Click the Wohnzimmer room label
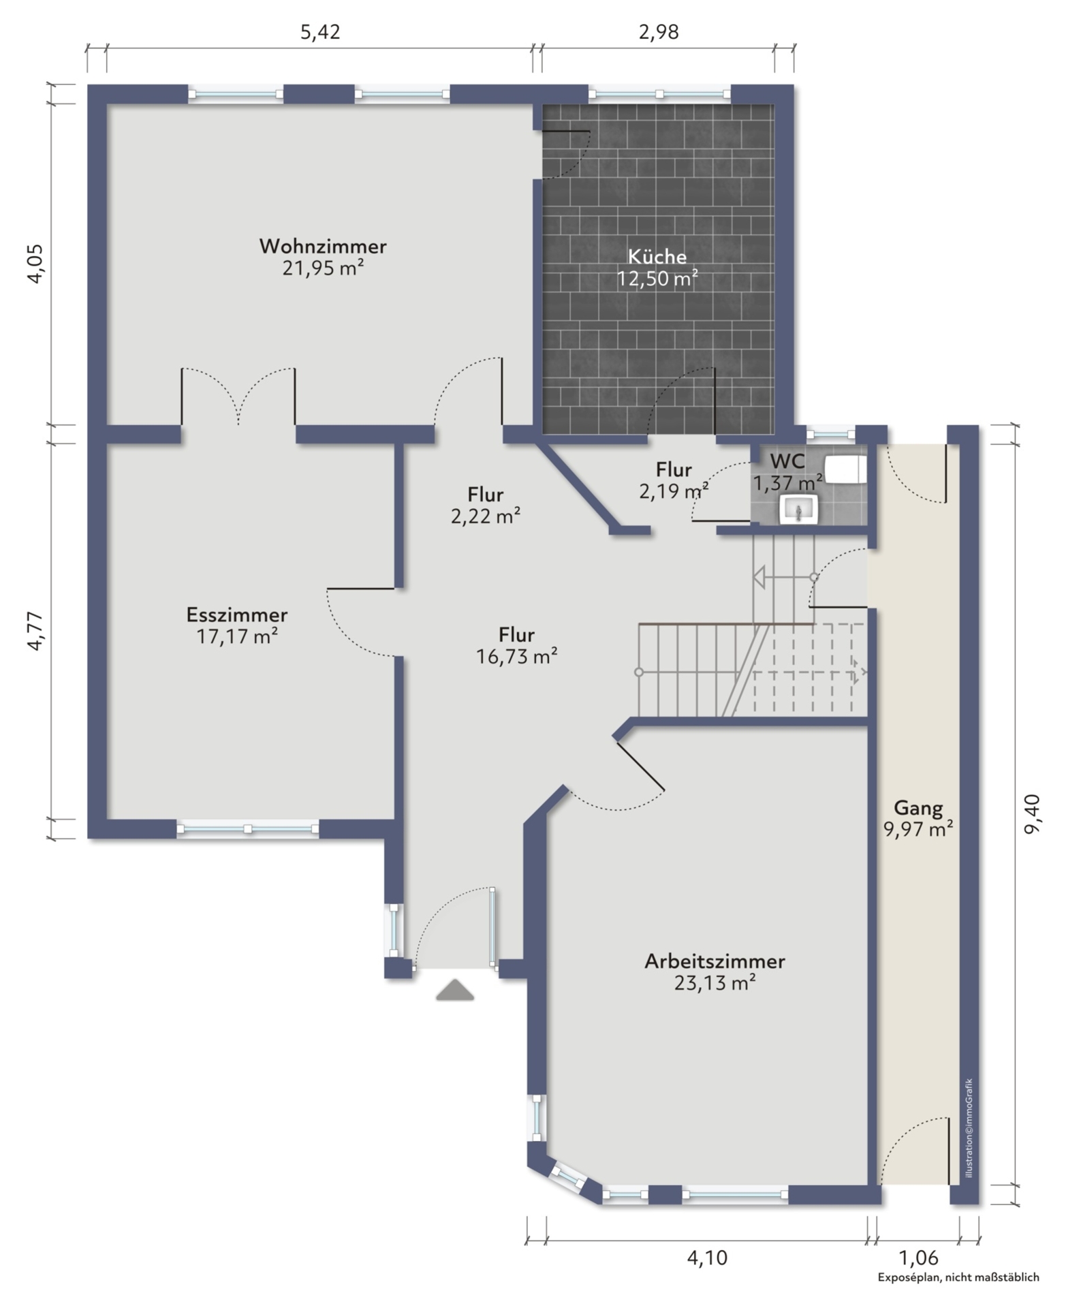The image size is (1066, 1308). pos(323,246)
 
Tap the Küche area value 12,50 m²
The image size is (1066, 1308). pos(657,279)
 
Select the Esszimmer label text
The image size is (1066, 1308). pos(237,614)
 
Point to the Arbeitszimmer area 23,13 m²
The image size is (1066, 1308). pos(715,983)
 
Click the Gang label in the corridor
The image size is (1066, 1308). pos(918,809)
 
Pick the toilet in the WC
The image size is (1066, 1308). pos(845,469)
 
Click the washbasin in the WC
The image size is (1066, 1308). pos(798,509)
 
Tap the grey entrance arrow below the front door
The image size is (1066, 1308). pos(455,990)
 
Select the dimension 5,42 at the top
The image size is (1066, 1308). pos(320,32)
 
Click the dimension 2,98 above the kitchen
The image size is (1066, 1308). pos(659,32)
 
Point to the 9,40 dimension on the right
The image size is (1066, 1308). pos(1033,813)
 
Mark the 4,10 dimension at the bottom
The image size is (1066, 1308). pos(707,1258)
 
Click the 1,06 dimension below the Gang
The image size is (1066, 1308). pos(918,1258)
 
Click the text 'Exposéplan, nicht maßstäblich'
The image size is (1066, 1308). pos(958,1277)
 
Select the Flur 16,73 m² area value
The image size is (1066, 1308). pos(517,657)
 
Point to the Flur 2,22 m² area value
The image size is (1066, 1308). pos(485,516)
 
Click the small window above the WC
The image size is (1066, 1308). pos(830,433)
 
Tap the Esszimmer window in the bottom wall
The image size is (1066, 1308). pos(248,828)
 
